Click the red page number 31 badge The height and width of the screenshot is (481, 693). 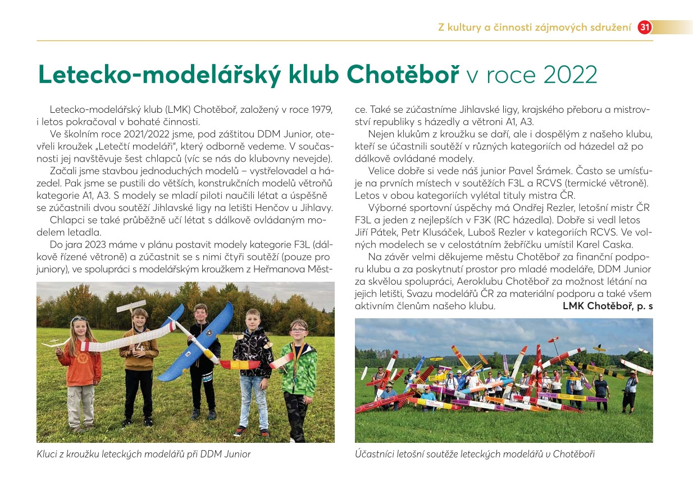point(645,27)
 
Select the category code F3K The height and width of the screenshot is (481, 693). point(481,220)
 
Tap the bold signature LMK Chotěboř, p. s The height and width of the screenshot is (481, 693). point(608,306)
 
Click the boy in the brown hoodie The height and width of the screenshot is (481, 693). point(138,359)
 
